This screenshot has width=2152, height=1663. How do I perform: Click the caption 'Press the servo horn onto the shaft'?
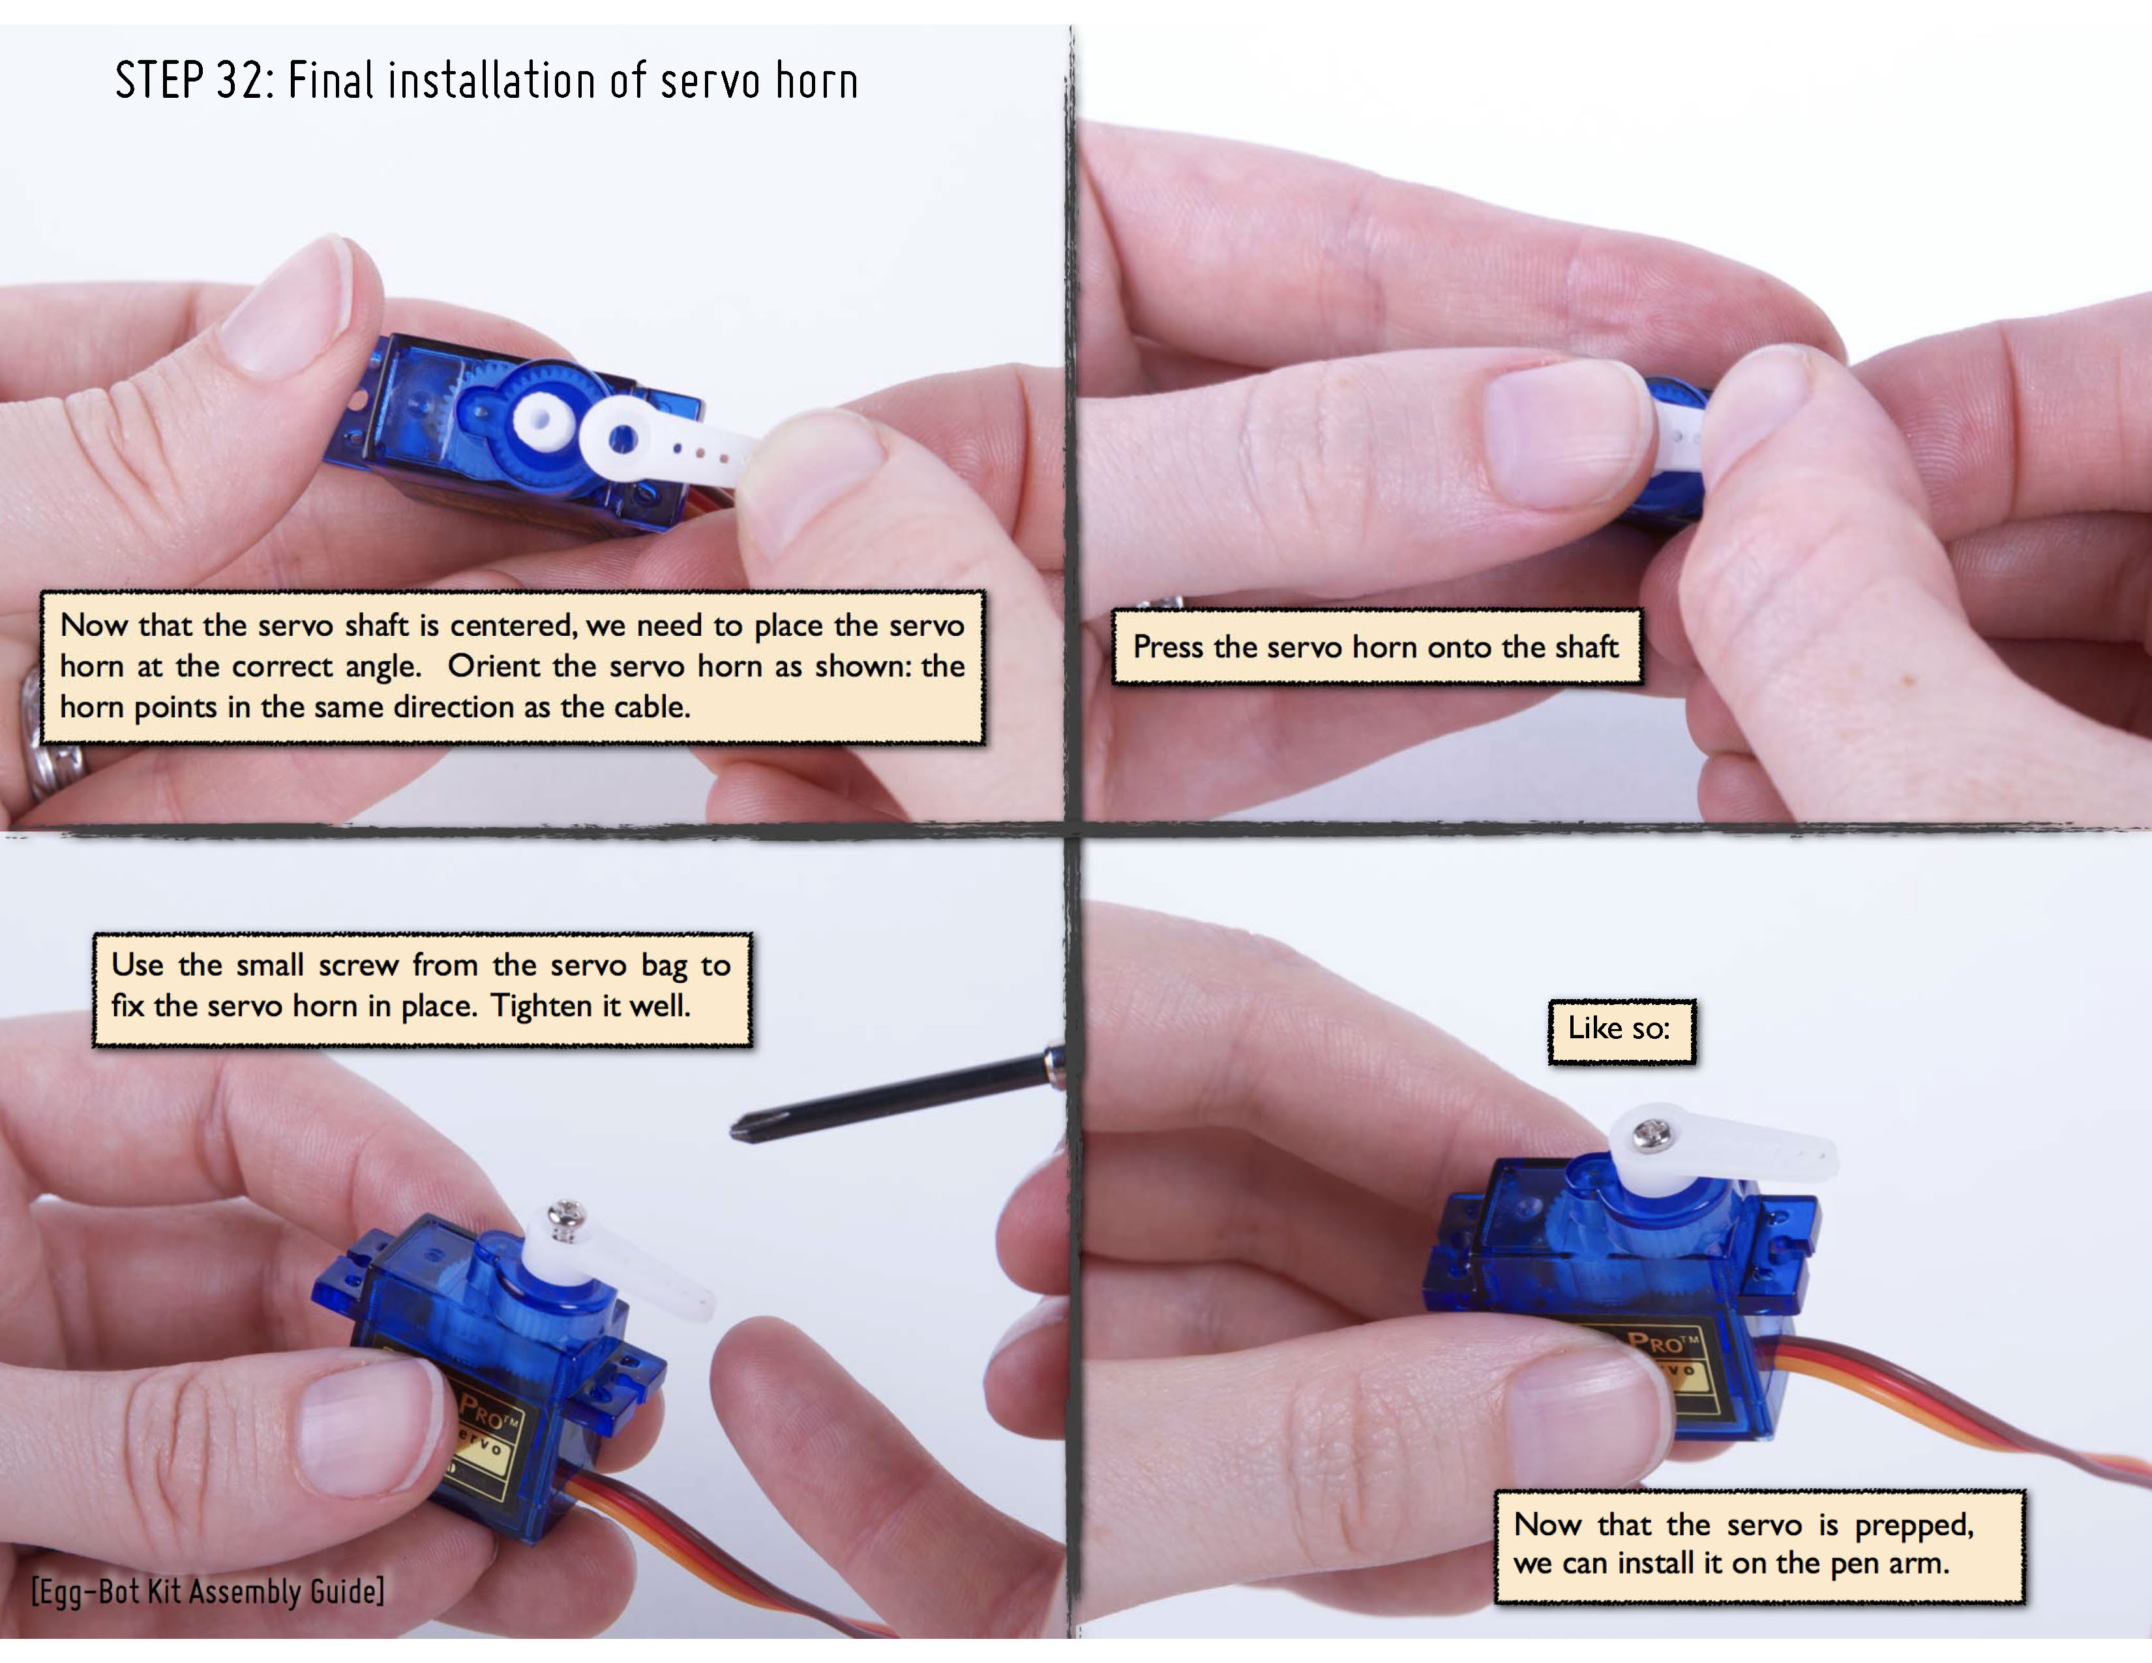point(1375,646)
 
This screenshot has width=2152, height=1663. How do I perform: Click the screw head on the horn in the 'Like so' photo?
point(1652,1135)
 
